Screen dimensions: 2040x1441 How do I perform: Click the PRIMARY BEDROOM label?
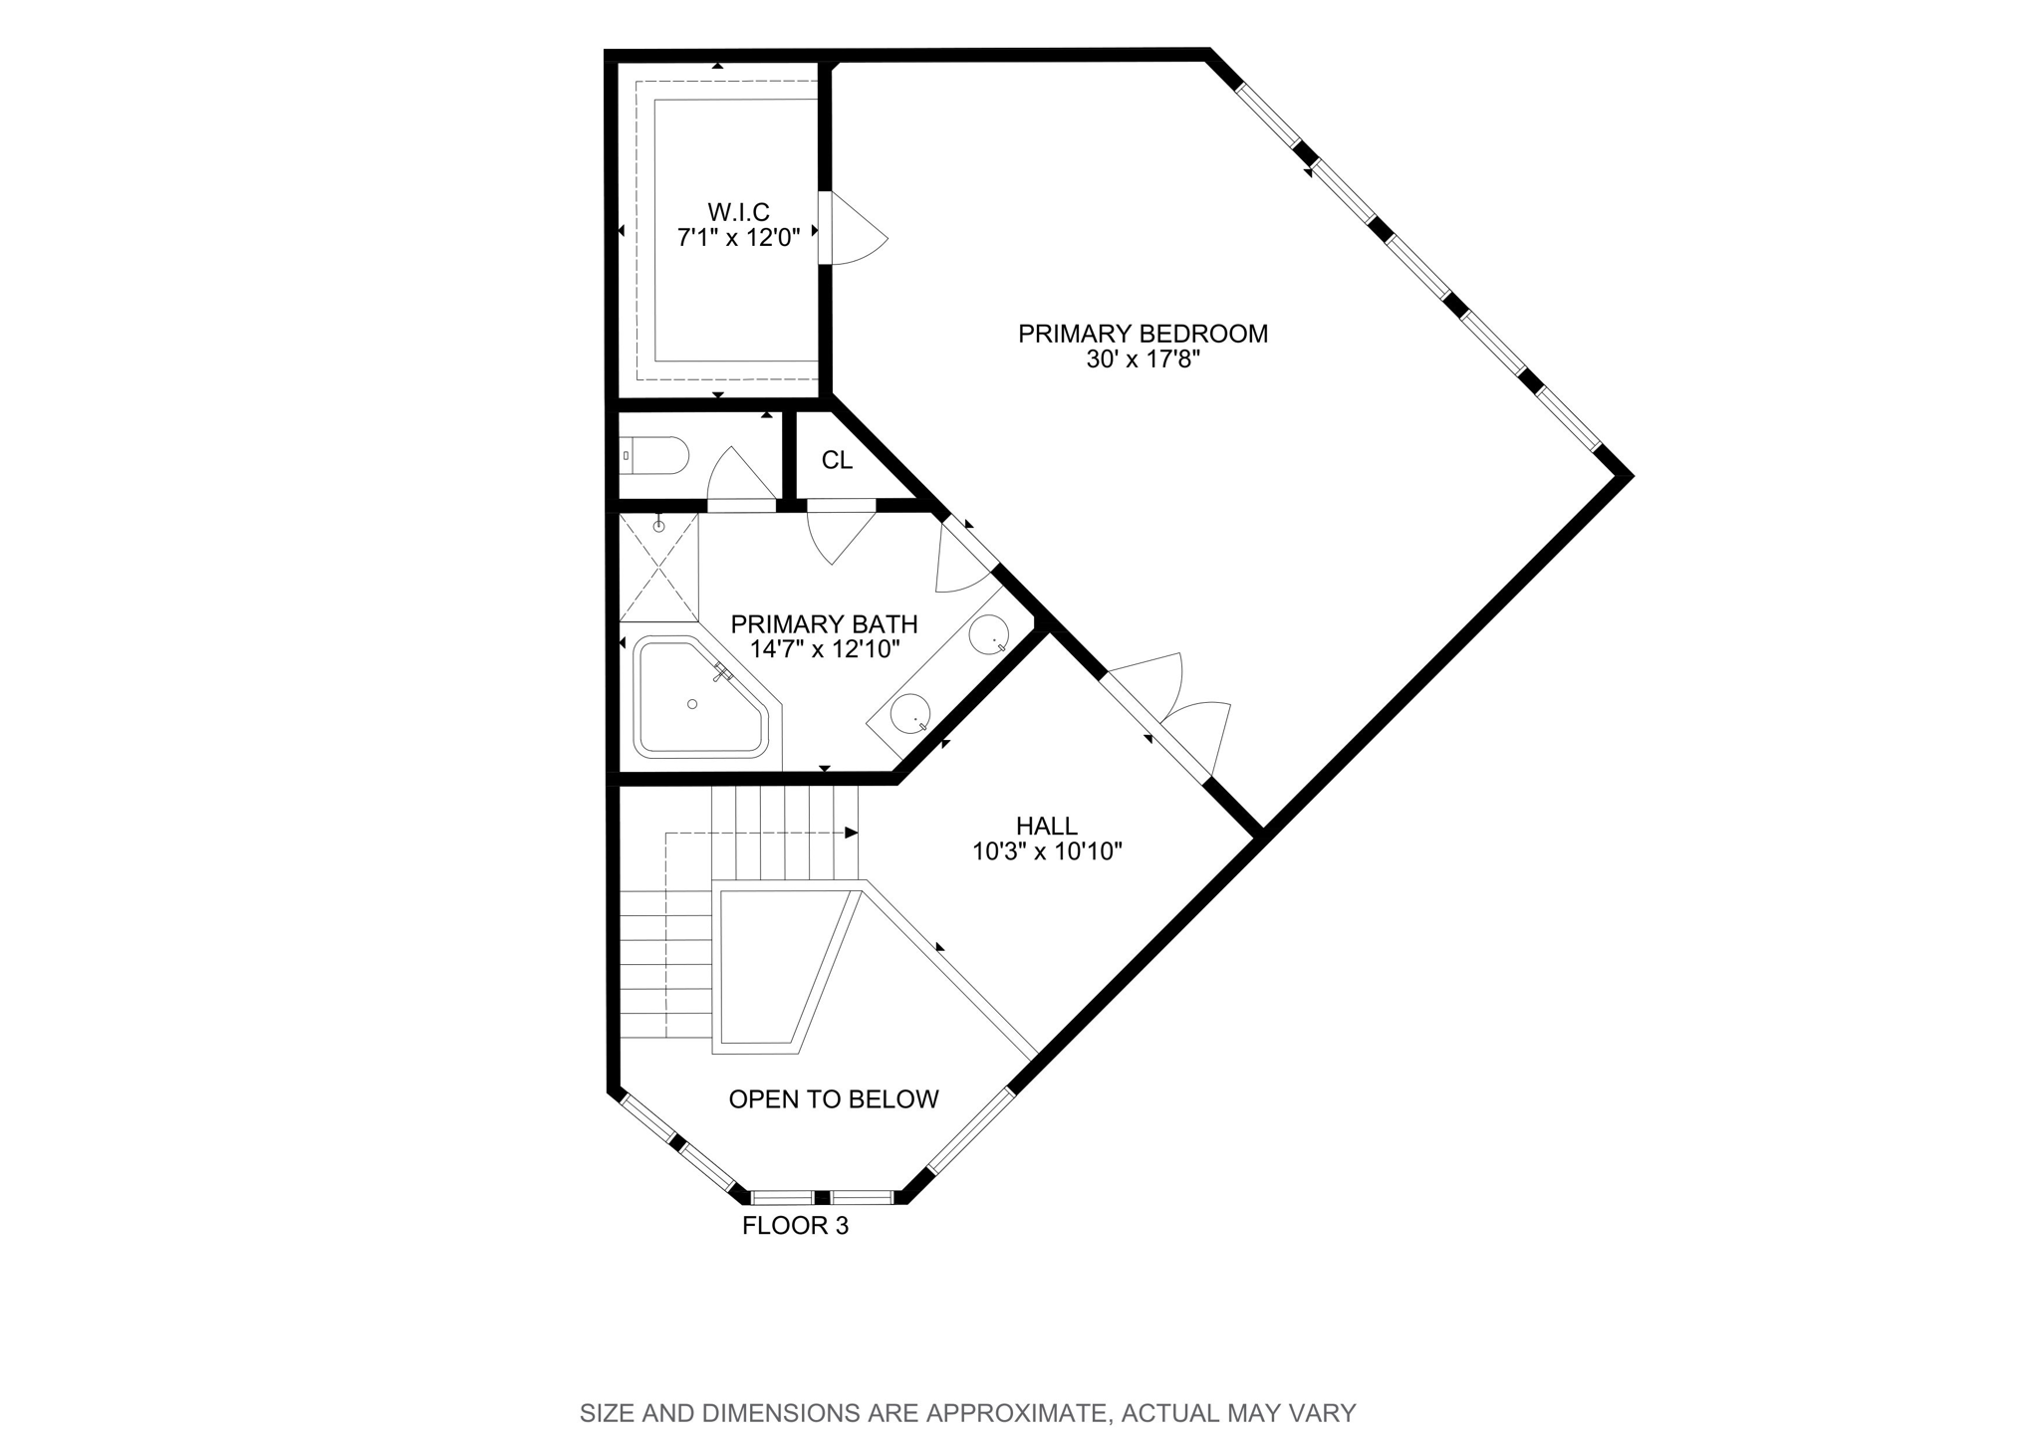click(1143, 334)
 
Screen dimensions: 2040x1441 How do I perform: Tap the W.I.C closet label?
click(739, 212)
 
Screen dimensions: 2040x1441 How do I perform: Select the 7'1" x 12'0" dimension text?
click(739, 238)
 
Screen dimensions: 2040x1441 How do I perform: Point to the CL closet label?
click(837, 460)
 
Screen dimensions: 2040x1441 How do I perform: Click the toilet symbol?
click(653, 456)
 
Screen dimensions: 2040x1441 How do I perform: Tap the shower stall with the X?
click(658, 568)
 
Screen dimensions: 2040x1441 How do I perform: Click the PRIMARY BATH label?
click(824, 624)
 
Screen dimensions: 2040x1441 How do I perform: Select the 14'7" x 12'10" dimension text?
click(825, 649)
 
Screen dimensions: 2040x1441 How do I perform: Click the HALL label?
click(1047, 826)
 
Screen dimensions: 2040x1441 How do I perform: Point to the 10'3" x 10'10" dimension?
click(1047, 851)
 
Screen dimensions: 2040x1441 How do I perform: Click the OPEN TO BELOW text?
click(834, 1099)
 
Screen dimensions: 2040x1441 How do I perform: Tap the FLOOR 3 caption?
click(795, 1226)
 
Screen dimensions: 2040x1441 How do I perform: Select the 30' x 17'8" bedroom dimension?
click(1143, 360)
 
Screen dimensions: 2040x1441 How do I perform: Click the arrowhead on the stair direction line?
click(852, 833)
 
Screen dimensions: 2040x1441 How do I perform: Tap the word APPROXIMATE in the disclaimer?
click(1016, 1413)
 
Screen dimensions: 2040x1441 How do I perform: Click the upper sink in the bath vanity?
click(989, 634)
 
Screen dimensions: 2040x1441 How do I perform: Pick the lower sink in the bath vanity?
click(910, 713)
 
